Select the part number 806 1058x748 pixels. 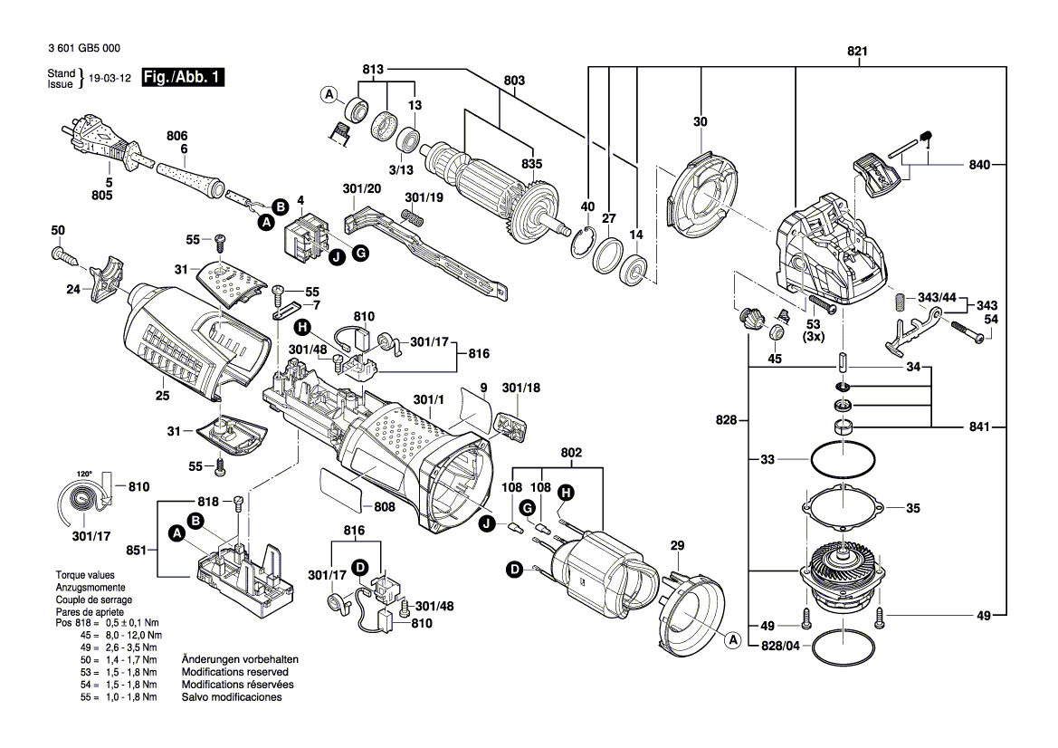pyautogui.click(x=176, y=135)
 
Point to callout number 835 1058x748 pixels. pyautogui.click(x=531, y=164)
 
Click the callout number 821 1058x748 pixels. pyautogui.click(x=856, y=52)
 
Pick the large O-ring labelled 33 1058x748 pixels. pyautogui.click(x=843, y=459)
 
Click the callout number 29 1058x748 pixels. pyautogui.click(x=677, y=545)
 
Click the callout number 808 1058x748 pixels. pyautogui.click(x=385, y=507)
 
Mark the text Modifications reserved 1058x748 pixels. pyautogui.click(x=234, y=673)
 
